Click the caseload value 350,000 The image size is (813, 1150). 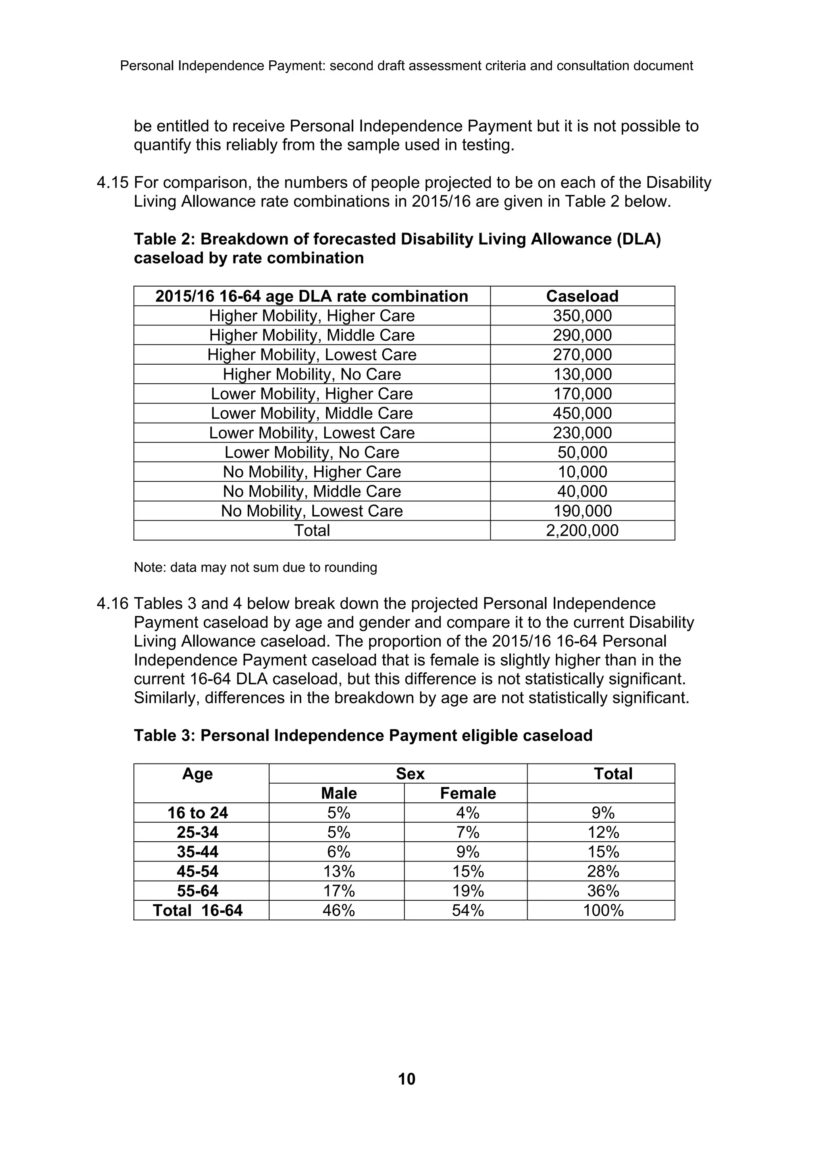(582, 316)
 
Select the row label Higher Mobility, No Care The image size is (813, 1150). (312, 374)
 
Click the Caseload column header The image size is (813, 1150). (582, 296)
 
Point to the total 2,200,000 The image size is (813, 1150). (582, 531)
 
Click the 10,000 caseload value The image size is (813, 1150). (582, 472)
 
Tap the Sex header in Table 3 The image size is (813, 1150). (410, 774)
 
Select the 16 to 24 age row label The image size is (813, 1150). (197, 813)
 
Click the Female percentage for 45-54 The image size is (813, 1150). (467, 871)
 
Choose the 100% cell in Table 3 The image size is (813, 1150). (603, 911)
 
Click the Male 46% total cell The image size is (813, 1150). (339, 911)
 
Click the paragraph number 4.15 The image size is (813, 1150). (113, 183)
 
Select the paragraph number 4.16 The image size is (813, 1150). (113, 604)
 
